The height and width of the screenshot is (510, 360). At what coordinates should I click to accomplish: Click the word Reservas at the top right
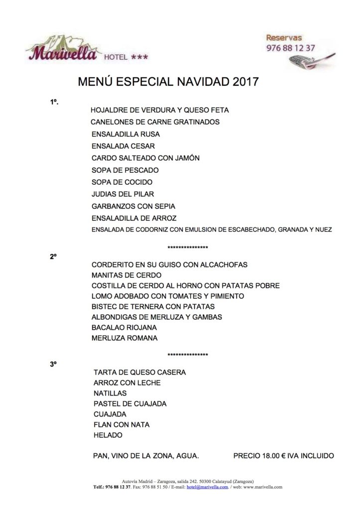click(284, 38)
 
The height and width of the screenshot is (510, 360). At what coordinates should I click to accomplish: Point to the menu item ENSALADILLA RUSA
click(126, 134)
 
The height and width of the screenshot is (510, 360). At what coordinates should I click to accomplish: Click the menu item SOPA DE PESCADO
click(125, 170)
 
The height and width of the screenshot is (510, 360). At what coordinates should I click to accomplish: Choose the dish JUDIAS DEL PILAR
click(123, 194)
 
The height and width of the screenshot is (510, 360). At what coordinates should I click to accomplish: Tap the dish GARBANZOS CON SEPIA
click(133, 206)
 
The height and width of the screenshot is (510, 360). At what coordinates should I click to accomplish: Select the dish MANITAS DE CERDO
click(126, 275)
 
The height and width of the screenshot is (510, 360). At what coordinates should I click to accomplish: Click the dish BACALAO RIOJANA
click(124, 327)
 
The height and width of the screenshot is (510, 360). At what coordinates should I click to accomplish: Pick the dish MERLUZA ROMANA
click(124, 338)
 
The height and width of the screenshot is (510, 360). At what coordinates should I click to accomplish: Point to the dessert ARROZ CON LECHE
click(127, 382)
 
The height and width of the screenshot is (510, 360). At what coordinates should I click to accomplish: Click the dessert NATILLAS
click(110, 393)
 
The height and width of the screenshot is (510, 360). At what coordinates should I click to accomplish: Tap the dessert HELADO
click(108, 435)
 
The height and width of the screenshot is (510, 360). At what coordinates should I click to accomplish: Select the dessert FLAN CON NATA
click(121, 424)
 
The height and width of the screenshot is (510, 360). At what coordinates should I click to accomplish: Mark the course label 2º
click(53, 254)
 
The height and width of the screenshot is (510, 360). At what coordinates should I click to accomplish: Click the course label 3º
click(53, 365)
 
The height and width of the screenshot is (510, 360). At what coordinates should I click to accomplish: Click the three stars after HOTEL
click(139, 57)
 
